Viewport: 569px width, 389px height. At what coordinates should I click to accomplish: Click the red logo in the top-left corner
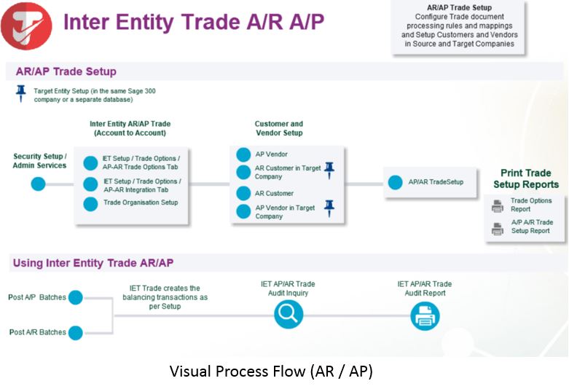click(x=26, y=25)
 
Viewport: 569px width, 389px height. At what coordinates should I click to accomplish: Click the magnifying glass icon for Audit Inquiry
click(x=289, y=315)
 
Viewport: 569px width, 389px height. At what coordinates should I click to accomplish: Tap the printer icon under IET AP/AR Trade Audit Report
click(x=424, y=315)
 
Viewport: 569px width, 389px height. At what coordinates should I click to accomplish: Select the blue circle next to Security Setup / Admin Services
click(x=38, y=184)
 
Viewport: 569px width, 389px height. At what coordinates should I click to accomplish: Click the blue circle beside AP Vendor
click(x=243, y=154)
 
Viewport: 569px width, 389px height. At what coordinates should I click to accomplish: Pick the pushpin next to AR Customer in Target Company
click(x=329, y=170)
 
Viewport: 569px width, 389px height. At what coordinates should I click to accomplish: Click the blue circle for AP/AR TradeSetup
click(x=395, y=182)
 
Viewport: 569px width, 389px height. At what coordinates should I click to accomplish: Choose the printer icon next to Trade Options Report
click(x=498, y=205)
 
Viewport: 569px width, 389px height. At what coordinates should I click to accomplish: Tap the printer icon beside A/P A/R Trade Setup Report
click(x=498, y=227)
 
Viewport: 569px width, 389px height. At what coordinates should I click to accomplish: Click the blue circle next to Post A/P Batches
click(x=76, y=297)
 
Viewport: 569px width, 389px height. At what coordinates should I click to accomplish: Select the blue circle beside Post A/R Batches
click(x=76, y=332)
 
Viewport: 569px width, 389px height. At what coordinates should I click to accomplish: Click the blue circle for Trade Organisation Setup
click(x=90, y=203)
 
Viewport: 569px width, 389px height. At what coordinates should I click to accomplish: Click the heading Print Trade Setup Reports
click(x=525, y=178)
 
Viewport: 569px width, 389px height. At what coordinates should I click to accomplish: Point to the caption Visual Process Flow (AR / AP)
click(x=271, y=372)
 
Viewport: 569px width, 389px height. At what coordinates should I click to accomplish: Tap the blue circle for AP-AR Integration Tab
click(x=90, y=184)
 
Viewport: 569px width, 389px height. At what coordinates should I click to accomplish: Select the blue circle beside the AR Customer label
click(x=243, y=194)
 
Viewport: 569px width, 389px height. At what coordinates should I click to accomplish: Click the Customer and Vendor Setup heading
click(x=279, y=128)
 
